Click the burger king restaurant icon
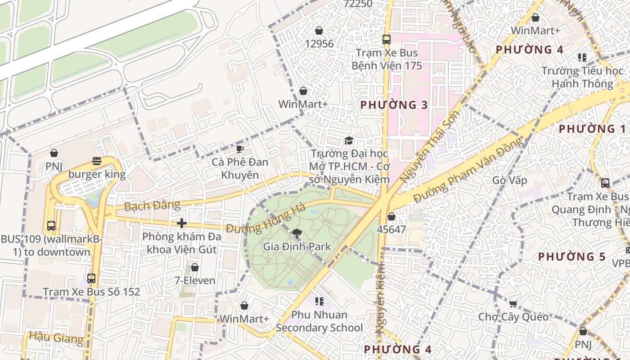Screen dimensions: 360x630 click(96, 161)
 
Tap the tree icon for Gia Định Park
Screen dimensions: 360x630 click(297, 233)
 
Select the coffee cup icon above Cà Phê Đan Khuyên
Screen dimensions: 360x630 click(240, 148)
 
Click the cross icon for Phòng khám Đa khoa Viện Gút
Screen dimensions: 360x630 click(182, 223)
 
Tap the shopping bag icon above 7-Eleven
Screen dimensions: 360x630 click(195, 267)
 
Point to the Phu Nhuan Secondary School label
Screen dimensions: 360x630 click(319, 321)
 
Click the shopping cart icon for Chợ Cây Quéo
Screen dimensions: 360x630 click(513, 303)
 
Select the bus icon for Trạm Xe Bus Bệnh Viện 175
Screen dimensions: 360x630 click(386, 40)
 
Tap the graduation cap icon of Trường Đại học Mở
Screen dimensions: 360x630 click(349, 141)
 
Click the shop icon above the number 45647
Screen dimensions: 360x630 click(391, 216)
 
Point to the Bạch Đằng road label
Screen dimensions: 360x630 click(152, 206)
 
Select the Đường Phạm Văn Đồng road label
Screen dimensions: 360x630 click(469, 170)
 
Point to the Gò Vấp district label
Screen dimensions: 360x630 click(509, 180)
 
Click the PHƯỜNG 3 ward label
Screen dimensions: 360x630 click(394, 105)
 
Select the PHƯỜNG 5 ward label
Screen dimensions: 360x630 click(572, 257)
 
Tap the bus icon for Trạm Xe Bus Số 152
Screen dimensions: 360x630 click(91, 279)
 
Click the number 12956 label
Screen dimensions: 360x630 click(319, 44)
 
